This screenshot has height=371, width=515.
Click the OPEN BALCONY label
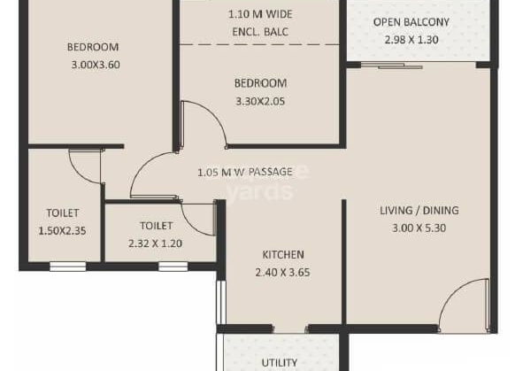pyautogui.click(x=411, y=21)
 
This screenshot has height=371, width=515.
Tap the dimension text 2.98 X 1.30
pyautogui.click(x=411, y=40)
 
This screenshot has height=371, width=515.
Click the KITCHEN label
pyautogui.click(x=283, y=253)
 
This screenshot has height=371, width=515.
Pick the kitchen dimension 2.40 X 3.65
pyautogui.click(x=283, y=272)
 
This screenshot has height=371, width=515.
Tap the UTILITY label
pyautogui.click(x=280, y=362)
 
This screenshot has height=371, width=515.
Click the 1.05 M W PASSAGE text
pyautogui.click(x=246, y=172)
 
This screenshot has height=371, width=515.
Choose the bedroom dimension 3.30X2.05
pyautogui.click(x=260, y=102)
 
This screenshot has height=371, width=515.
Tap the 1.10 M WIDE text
pyautogui.click(x=260, y=14)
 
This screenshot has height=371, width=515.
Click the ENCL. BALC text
pyautogui.click(x=260, y=32)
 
